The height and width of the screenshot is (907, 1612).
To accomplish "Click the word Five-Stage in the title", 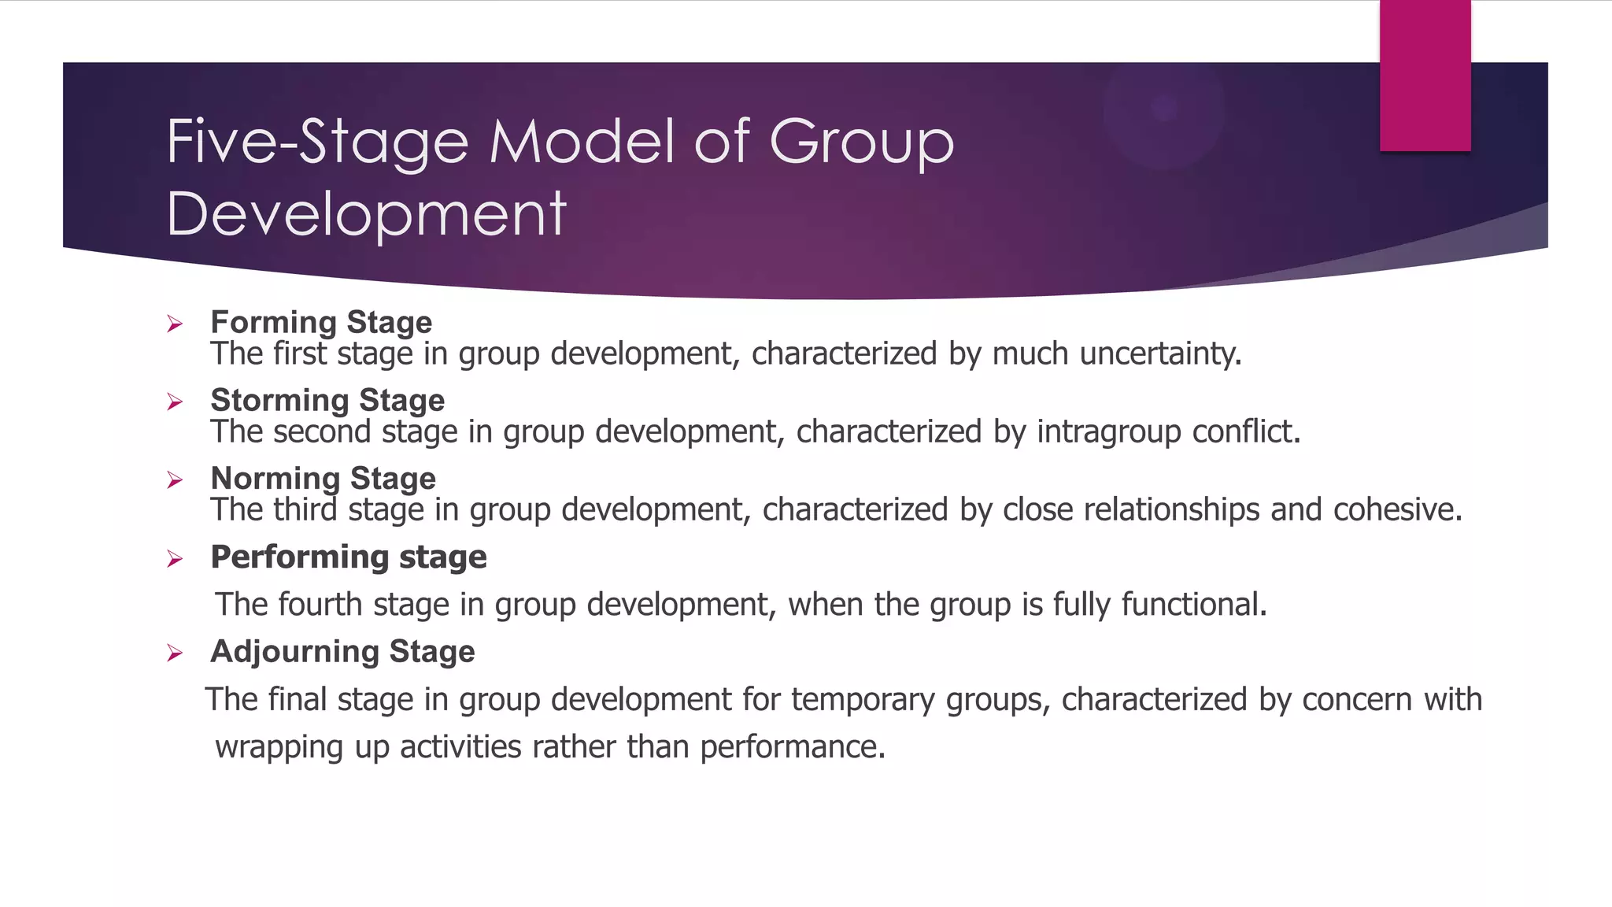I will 317,143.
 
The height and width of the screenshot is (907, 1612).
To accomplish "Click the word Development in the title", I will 366,214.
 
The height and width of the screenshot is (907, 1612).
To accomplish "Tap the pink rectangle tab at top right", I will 1425,76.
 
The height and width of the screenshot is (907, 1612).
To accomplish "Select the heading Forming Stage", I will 321,322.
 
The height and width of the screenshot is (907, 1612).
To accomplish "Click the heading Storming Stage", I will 327,400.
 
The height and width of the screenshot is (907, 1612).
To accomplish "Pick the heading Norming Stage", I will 323,478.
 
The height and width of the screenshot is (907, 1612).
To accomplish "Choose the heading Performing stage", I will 349,557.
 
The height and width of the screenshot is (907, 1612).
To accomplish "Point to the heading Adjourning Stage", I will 342,652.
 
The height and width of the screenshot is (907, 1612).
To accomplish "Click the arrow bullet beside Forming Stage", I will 175,324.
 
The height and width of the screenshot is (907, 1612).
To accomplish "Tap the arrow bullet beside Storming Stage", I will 175,402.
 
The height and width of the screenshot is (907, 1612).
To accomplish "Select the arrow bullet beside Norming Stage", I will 175,480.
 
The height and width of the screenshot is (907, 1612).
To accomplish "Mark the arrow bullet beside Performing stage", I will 175,559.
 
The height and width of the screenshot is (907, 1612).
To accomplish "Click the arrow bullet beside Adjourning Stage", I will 175,653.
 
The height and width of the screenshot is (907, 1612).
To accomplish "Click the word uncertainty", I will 1159,354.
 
